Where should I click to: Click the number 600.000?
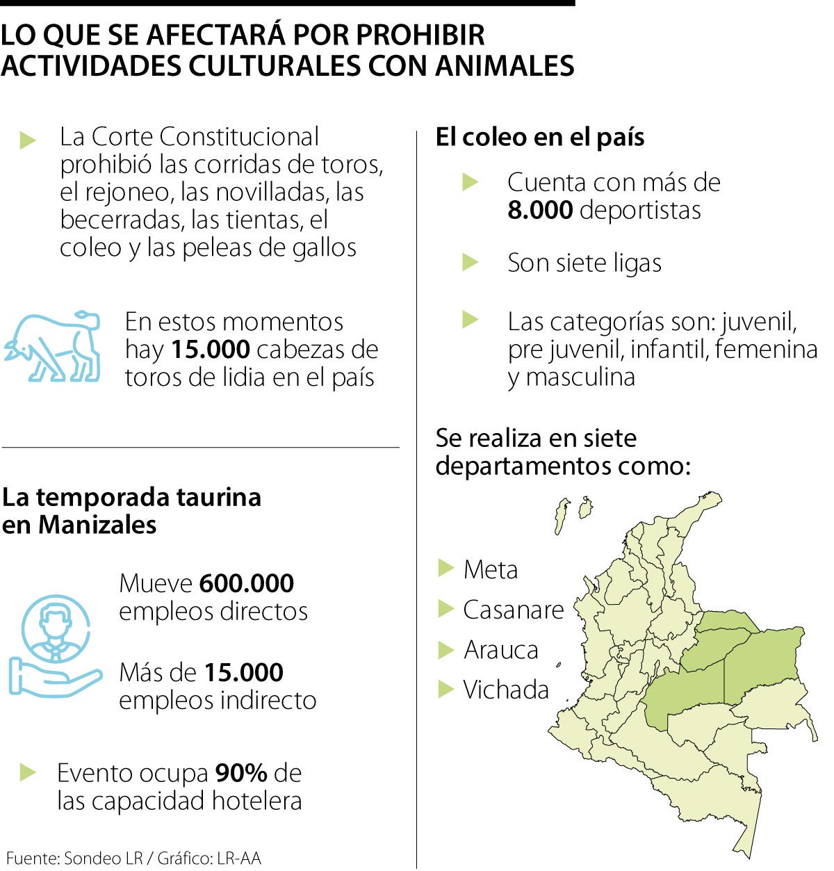pyautogui.click(x=246, y=583)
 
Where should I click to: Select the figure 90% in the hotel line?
pyautogui.click(x=240, y=773)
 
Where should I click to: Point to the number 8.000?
pyautogui.click(x=540, y=210)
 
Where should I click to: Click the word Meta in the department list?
pyautogui.click(x=491, y=570)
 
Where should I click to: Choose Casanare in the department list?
pyautogui.click(x=514, y=610)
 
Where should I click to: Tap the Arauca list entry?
pyautogui.click(x=501, y=650)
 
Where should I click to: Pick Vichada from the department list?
pyautogui.click(x=506, y=690)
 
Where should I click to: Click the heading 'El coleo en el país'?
pyautogui.click(x=540, y=137)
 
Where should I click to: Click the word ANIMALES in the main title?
pyautogui.click(x=505, y=65)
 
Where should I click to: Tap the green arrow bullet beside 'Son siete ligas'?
pyautogui.click(x=471, y=262)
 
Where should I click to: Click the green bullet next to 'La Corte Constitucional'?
pyautogui.click(x=28, y=139)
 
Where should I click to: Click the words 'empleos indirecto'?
pyautogui.click(x=218, y=700)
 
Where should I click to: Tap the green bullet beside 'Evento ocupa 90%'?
pyautogui.click(x=27, y=772)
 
